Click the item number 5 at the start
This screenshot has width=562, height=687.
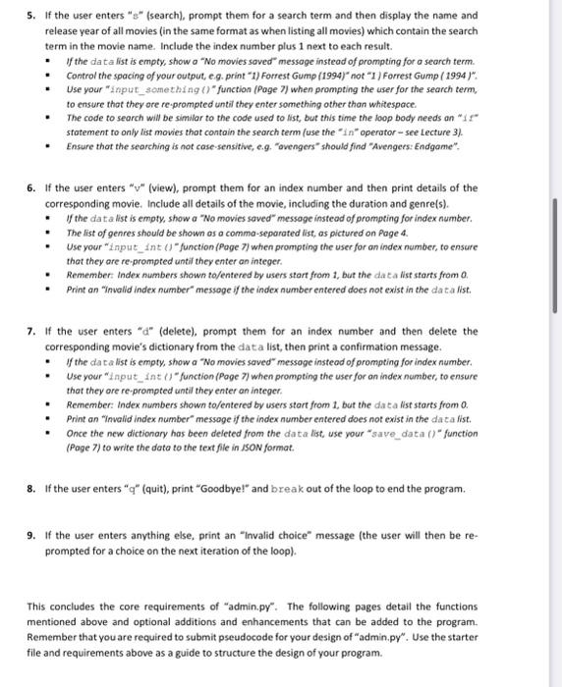pyautogui.click(x=31, y=16)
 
